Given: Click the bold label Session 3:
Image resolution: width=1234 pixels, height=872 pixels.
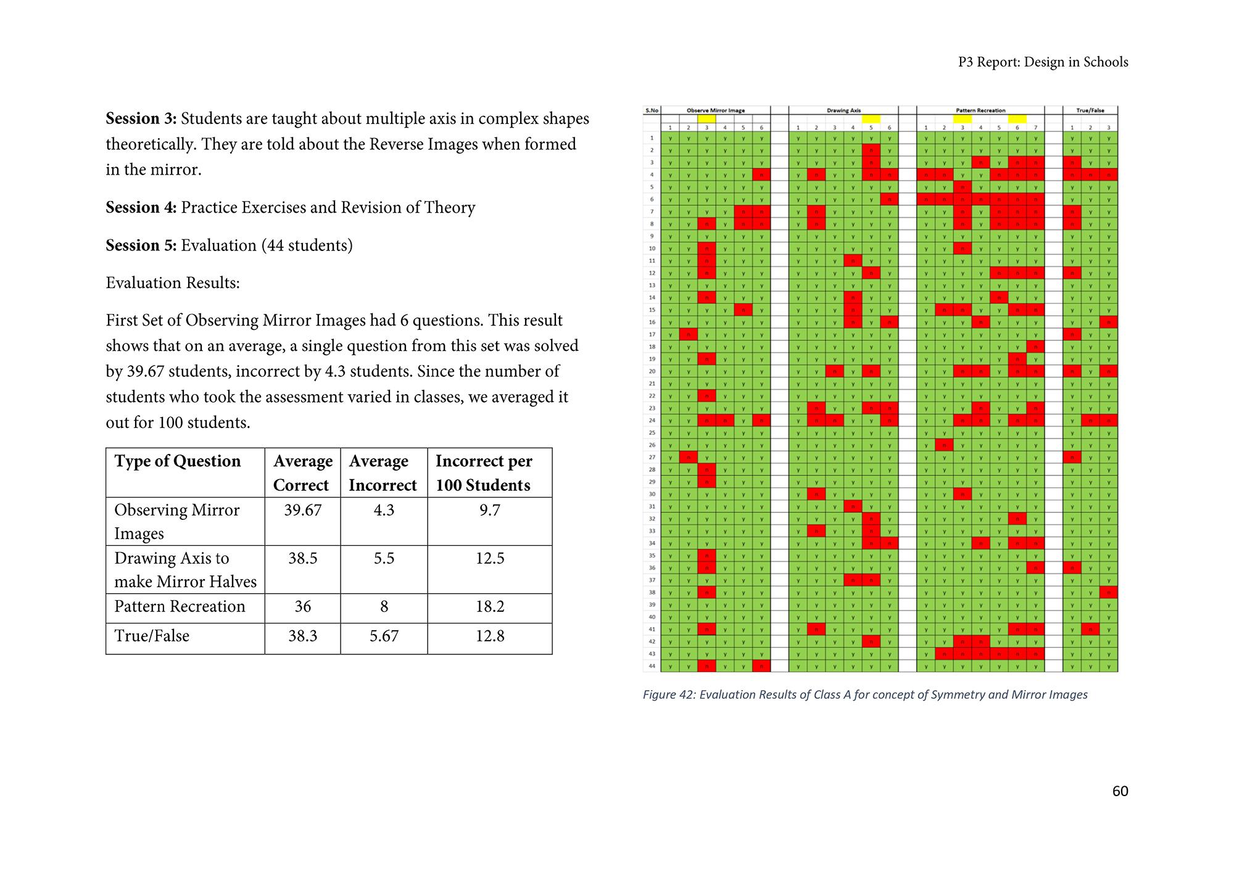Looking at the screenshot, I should [141, 118].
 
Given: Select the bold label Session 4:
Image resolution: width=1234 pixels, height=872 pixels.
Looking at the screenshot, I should [141, 207].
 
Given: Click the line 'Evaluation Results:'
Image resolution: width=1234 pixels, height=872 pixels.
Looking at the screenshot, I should [173, 283].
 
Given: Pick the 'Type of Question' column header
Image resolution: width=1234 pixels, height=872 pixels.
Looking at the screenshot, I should [178, 461].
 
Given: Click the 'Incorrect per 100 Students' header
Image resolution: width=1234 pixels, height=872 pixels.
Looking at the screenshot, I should [484, 473].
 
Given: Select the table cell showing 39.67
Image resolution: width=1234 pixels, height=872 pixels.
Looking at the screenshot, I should [302, 510].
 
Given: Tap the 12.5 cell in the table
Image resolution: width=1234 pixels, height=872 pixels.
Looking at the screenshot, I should [490, 558].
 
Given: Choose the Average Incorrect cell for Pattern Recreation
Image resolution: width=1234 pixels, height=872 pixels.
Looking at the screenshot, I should [384, 606].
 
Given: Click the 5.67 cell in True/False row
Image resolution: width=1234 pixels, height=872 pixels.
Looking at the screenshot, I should [384, 636].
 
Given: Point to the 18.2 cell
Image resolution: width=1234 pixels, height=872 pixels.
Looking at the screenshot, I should [490, 606].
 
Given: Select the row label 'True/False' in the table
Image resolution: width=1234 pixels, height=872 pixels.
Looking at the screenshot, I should [152, 636].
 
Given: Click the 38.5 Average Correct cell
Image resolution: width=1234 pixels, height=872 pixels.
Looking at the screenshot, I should [302, 558].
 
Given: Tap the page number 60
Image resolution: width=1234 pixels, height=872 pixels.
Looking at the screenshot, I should [1120, 791].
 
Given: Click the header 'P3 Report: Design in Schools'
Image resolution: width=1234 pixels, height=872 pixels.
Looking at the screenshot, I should [1043, 62].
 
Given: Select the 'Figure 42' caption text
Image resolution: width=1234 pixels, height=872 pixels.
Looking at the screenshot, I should [864, 694].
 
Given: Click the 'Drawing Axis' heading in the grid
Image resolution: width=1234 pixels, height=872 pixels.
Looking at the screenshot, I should [843, 110].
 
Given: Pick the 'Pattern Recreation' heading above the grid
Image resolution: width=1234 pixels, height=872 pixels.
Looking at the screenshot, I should [980, 110].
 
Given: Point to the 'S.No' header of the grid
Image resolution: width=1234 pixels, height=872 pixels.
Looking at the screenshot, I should [652, 110].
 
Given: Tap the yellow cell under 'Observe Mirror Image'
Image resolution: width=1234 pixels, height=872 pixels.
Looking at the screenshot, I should [706, 119].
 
